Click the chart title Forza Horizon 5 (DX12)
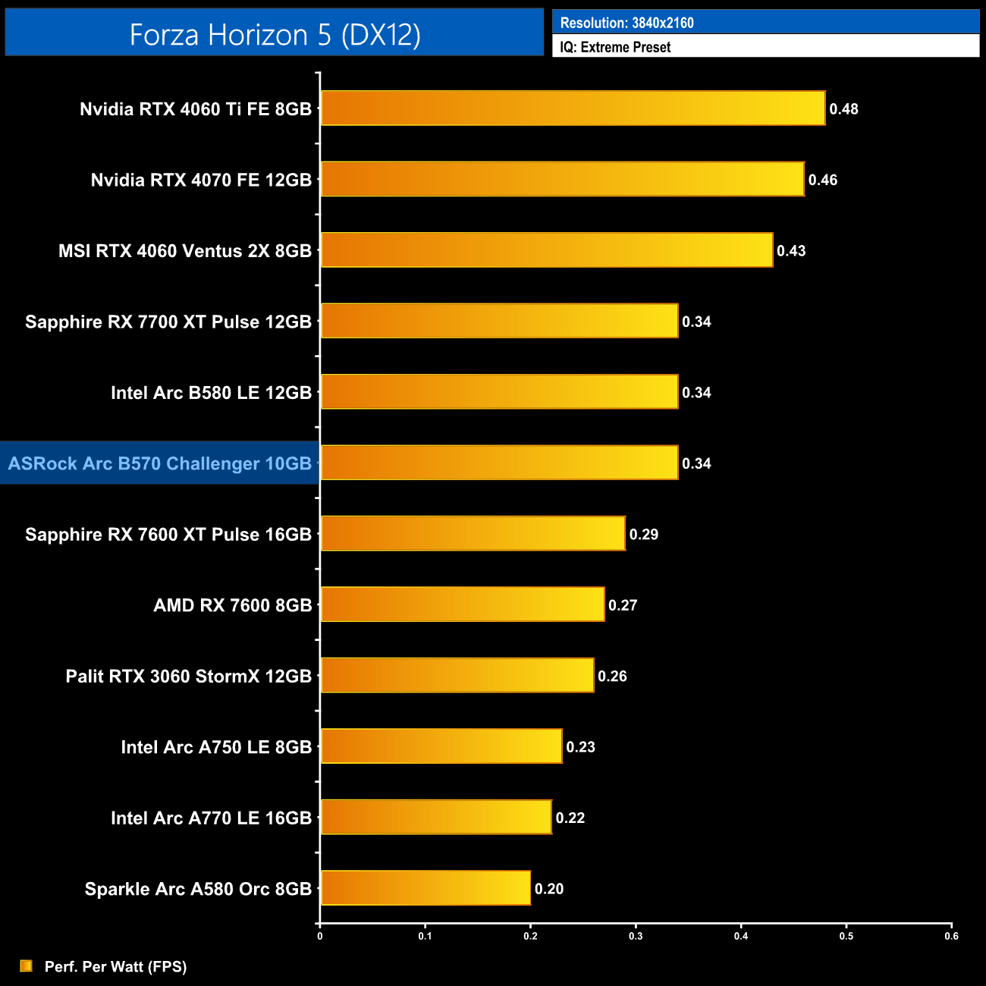point(275,34)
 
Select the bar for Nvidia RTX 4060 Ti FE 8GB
point(573,108)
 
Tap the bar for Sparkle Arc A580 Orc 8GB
point(425,888)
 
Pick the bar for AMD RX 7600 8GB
point(463,604)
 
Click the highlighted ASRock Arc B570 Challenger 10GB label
point(160,463)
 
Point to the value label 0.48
point(843,109)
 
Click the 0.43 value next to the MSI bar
point(791,251)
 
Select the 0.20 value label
point(549,889)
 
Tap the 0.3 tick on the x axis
point(636,936)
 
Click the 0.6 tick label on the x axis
point(951,936)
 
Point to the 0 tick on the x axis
point(320,936)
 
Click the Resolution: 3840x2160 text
point(626,23)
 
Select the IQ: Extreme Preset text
point(615,47)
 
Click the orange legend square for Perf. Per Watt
point(27,966)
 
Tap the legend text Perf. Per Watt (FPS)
point(115,966)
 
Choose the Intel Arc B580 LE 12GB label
point(211,393)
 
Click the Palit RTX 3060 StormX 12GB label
point(189,677)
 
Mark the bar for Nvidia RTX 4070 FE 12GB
point(562,179)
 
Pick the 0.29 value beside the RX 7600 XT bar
point(644,535)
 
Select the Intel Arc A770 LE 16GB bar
point(436,817)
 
